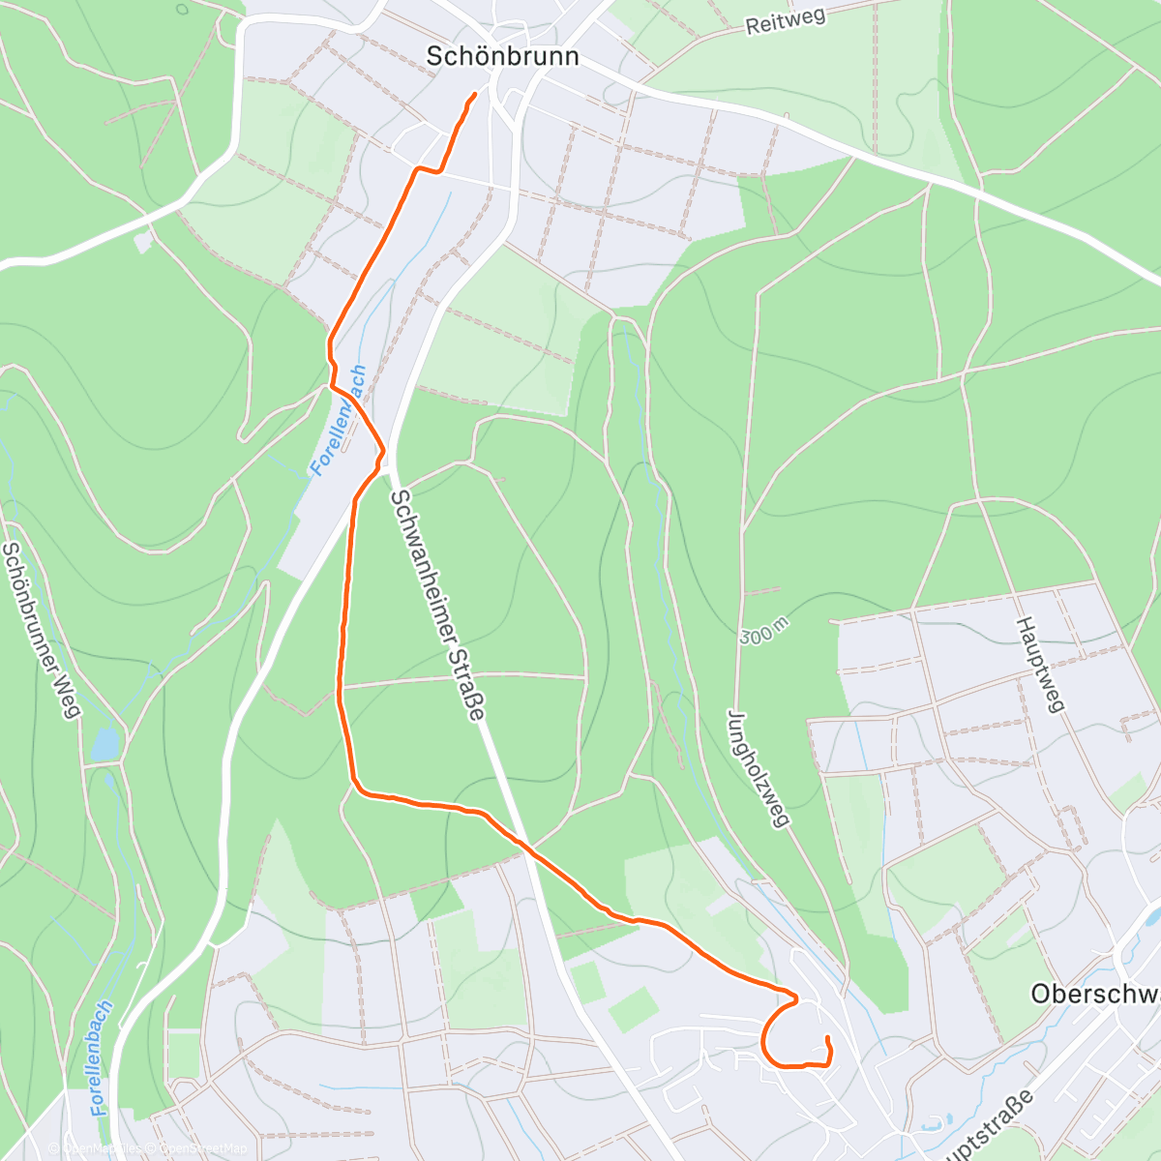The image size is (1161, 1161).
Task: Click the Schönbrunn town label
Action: coord(502,56)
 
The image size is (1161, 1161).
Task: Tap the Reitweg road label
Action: coord(786,22)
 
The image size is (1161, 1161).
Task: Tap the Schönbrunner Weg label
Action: coord(40,630)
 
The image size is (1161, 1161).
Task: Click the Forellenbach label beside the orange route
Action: coord(339,420)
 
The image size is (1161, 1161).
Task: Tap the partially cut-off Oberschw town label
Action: coord(1094,994)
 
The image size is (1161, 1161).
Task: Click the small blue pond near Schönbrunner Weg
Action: coord(104,744)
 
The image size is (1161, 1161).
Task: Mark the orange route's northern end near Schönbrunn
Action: coord(475,94)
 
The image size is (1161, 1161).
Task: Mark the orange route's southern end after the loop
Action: coord(828,1038)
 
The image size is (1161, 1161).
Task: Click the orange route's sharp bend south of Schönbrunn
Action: coord(418,169)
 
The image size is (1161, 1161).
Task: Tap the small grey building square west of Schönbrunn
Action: coord(143,242)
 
